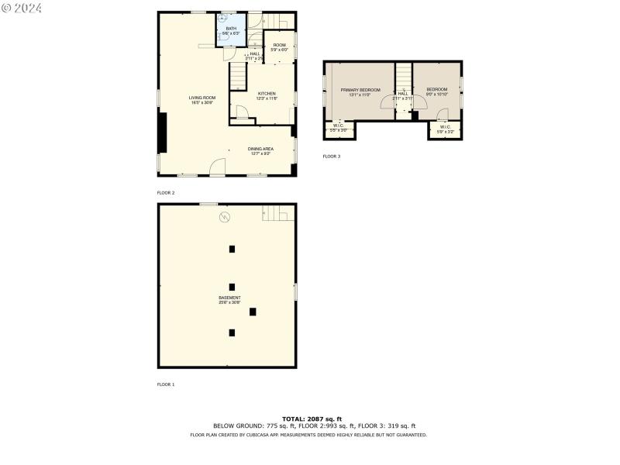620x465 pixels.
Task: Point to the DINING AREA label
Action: (260, 150)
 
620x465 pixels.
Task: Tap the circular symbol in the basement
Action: (225, 217)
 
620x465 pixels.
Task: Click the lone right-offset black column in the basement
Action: (253, 312)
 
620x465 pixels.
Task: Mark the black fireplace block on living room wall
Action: (162, 133)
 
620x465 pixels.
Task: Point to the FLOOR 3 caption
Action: (331, 157)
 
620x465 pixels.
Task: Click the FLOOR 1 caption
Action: (166, 384)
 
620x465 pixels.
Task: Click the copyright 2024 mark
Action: (22, 7)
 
